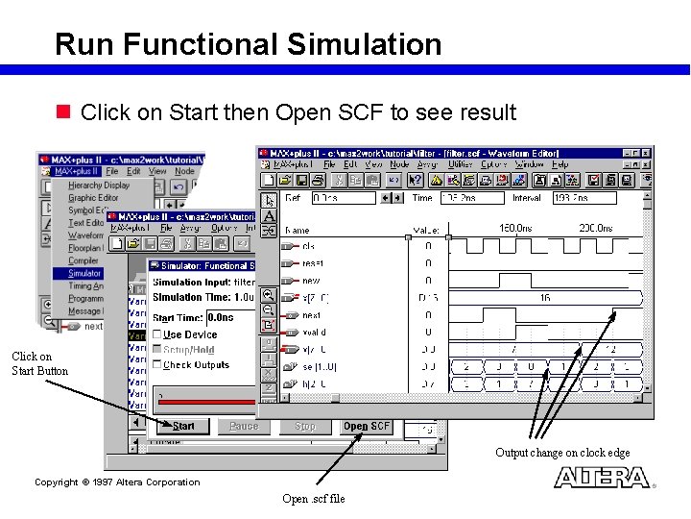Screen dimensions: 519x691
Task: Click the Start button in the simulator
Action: click(x=182, y=426)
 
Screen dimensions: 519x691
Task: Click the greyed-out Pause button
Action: click(x=244, y=426)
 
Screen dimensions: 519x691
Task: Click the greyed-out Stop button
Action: click(x=305, y=426)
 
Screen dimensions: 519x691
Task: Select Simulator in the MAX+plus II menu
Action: click(x=84, y=273)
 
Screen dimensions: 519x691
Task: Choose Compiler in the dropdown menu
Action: click(x=83, y=260)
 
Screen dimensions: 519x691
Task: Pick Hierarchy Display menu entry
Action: click(x=98, y=185)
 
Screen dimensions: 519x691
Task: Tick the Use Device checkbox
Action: click(x=157, y=334)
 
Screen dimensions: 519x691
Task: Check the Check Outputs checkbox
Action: click(x=157, y=365)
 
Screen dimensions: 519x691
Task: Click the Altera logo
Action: click(x=603, y=477)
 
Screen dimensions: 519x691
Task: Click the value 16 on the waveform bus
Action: click(x=544, y=298)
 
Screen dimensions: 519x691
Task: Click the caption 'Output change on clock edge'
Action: click(x=562, y=453)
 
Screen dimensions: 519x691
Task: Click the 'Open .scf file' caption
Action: click(x=313, y=499)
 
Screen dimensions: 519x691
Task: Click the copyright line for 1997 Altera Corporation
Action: click(x=117, y=482)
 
